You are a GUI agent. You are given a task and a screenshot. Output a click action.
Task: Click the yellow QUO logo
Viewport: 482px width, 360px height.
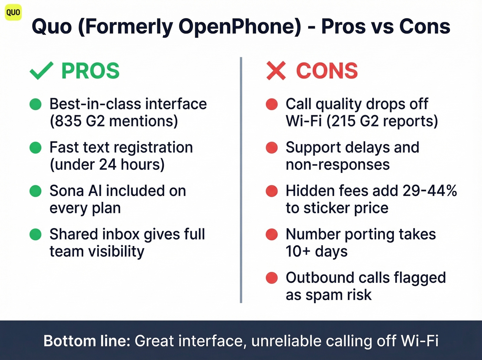point(13,13)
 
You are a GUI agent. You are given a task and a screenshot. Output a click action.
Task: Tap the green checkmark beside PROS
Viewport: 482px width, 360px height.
point(41,71)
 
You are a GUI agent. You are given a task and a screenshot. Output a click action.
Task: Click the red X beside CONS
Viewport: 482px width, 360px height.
point(276,71)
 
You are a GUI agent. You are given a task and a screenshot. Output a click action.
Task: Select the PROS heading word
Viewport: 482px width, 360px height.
point(90,71)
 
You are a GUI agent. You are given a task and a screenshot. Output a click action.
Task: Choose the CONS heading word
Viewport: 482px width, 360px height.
point(327,71)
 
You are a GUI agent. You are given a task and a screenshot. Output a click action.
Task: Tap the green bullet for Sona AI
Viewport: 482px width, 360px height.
point(35,191)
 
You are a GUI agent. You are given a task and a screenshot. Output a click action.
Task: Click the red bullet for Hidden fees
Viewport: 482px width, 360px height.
point(272,191)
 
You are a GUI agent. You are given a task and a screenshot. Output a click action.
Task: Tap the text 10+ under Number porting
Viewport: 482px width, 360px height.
point(298,251)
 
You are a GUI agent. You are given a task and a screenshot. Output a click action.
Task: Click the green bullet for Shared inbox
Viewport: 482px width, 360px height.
point(35,234)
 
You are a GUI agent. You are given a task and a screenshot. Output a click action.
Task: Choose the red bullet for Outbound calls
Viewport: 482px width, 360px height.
point(272,278)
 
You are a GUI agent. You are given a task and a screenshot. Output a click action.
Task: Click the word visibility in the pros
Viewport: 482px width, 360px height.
point(116,251)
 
